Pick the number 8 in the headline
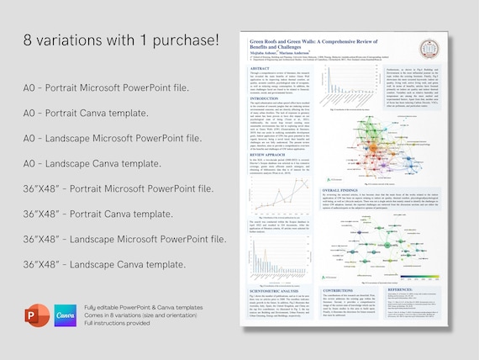[30, 39]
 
